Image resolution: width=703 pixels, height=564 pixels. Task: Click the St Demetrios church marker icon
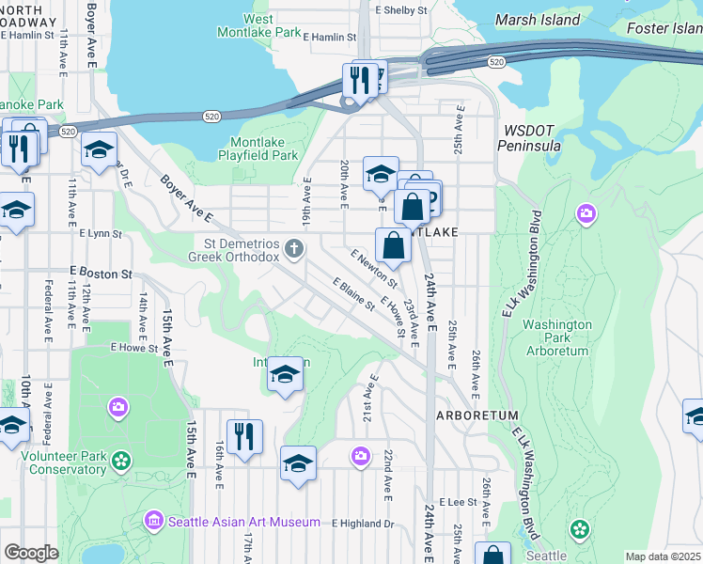(294, 249)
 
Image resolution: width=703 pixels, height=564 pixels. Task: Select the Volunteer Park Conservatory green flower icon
(120, 461)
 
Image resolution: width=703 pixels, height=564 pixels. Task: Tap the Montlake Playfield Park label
(258, 149)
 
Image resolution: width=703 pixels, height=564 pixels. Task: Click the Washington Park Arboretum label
(556, 337)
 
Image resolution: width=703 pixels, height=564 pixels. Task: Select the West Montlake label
(244, 25)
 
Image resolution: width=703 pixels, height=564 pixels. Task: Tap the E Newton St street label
(373, 268)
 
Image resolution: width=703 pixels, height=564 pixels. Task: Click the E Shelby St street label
(400, 10)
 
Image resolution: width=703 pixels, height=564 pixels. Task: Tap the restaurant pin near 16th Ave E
(244, 436)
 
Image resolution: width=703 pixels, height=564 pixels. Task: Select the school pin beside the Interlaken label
(285, 375)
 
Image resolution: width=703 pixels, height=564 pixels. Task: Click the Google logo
(31, 553)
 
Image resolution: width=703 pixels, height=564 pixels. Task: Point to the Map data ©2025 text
(663, 556)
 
